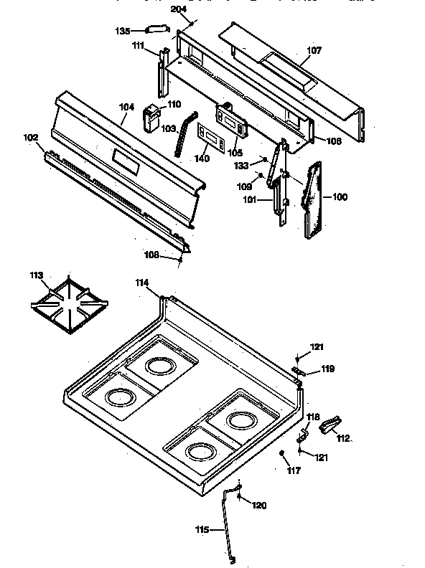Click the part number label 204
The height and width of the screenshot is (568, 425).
click(x=177, y=9)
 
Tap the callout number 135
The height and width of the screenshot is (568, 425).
click(x=123, y=32)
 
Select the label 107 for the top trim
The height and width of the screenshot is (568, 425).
click(x=314, y=50)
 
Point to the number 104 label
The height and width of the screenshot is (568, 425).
click(x=126, y=107)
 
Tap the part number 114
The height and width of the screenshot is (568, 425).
click(x=143, y=283)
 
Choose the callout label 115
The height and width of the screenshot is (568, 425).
click(x=202, y=530)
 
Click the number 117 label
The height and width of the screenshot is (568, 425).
click(x=294, y=470)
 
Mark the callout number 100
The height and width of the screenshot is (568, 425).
click(x=340, y=196)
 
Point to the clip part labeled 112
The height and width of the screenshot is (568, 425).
click(x=330, y=426)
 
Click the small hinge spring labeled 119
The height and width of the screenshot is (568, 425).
click(x=300, y=371)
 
